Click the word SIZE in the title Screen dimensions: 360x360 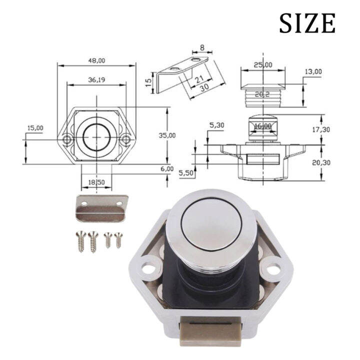[x=306, y=23]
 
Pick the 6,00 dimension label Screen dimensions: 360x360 [x=166, y=169]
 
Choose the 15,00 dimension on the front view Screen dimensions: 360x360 [x=35, y=128]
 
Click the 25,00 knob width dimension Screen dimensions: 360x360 [x=262, y=65]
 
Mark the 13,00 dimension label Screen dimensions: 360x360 [x=313, y=72]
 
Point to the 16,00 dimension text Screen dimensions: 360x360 [x=262, y=126]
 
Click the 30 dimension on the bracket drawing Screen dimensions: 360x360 [x=202, y=87]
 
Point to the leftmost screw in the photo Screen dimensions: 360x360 [x=80, y=240]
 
